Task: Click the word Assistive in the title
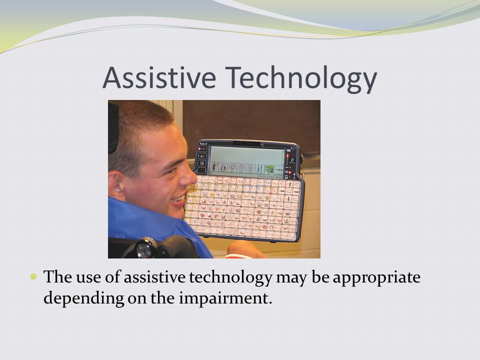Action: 159,77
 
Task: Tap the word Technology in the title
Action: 301,79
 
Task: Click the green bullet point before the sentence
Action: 33,276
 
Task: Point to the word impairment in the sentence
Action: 225,298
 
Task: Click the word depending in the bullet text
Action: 83,298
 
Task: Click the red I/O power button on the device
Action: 202,149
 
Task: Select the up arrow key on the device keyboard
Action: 289,184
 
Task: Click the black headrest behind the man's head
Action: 113,128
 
